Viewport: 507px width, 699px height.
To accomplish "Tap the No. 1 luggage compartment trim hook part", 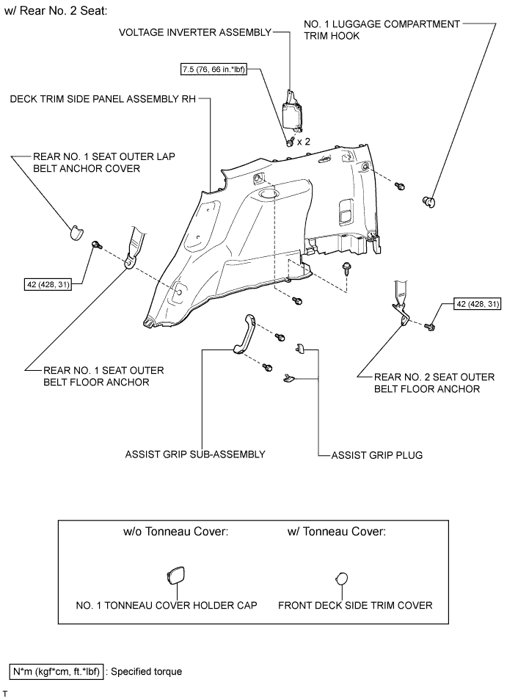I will [x=430, y=200].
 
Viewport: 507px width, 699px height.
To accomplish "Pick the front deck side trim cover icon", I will [x=342, y=577].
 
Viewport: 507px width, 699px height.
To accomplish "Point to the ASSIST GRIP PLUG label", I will [x=376, y=455].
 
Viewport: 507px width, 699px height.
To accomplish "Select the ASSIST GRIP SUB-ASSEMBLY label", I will [x=194, y=455].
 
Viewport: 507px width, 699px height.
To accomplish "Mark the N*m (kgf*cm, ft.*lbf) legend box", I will [x=56, y=671].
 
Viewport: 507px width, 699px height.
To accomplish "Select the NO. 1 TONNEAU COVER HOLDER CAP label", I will [x=167, y=606].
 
